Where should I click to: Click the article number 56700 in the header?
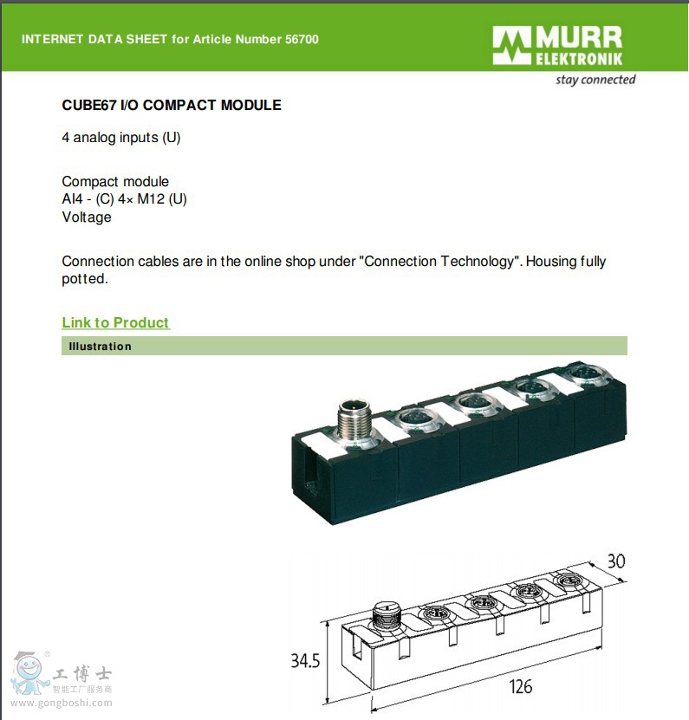click(x=302, y=39)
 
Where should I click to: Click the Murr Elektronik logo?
click(x=557, y=45)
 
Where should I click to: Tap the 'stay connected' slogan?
click(x=595, y=80)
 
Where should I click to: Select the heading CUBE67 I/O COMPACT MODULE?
click(x=172, y=105)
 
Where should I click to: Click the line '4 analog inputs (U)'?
click(x=121, y=137)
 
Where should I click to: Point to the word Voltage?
click(x=87, y=217)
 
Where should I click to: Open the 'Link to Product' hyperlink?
click(x=116, y=322)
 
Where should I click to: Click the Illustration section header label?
click(x=101, y=347)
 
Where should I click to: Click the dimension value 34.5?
click(x=305, y=661)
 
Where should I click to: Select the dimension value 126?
click(x=520, y=687)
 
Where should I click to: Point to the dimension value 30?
click(x=616, y=561)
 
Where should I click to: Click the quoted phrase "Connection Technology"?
click(x=440, y=262)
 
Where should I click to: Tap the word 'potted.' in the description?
click(x=85, y=279)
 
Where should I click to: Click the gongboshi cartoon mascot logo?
click(x=29, y=672)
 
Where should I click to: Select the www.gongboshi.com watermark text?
click(x=62, y=703)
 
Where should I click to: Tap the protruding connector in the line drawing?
click(x=386, y=618)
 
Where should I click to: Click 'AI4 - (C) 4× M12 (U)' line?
click(x=125, y=198)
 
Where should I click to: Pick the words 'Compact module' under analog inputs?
click(x=115, y=181)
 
